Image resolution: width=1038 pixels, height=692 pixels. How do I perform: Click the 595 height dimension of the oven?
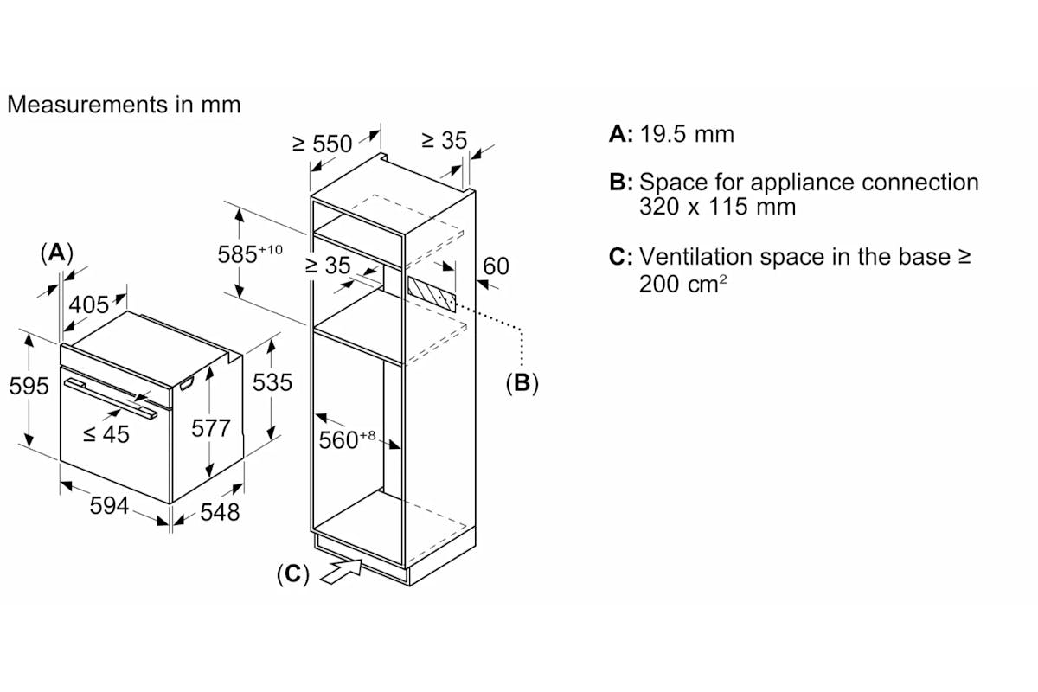[x=29, y=386]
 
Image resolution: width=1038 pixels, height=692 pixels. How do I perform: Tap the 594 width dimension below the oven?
[x=109, y=505]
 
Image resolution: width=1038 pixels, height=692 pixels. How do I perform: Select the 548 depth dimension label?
[x=220, y=512]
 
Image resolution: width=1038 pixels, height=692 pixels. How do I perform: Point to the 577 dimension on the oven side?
[x=211, y=428]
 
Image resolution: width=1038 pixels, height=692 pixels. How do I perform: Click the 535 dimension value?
[x=272, y=383]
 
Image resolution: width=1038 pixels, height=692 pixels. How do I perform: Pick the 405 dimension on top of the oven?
[x=89, y=305]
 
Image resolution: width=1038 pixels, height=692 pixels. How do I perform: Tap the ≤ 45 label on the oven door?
[x=106, y=435]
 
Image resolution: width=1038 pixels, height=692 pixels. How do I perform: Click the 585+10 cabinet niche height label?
[x=250, y=253]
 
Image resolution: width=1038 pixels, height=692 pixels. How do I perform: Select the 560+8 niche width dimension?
[x=347, y=440]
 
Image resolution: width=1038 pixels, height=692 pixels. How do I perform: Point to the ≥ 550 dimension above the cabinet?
[x=323, y=144]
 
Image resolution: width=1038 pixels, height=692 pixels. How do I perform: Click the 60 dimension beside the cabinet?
[x=496, y=266]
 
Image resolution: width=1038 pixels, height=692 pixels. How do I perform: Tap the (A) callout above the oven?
[x=57, y=253]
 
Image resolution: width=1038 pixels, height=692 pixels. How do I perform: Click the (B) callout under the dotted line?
[x=522, y=383]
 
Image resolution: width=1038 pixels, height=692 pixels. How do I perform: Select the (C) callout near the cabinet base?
[x=293, y=574]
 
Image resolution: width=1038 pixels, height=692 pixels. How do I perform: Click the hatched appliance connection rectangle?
[x=432, y=294]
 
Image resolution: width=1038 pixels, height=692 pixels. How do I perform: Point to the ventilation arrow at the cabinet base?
[x=341, y=572]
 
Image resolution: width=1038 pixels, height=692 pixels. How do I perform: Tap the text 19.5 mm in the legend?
[x=687, y=134]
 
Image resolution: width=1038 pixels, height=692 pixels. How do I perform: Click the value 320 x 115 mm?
[x=718, y=207]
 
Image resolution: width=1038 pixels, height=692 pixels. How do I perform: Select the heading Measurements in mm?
[x=125, y=105]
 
